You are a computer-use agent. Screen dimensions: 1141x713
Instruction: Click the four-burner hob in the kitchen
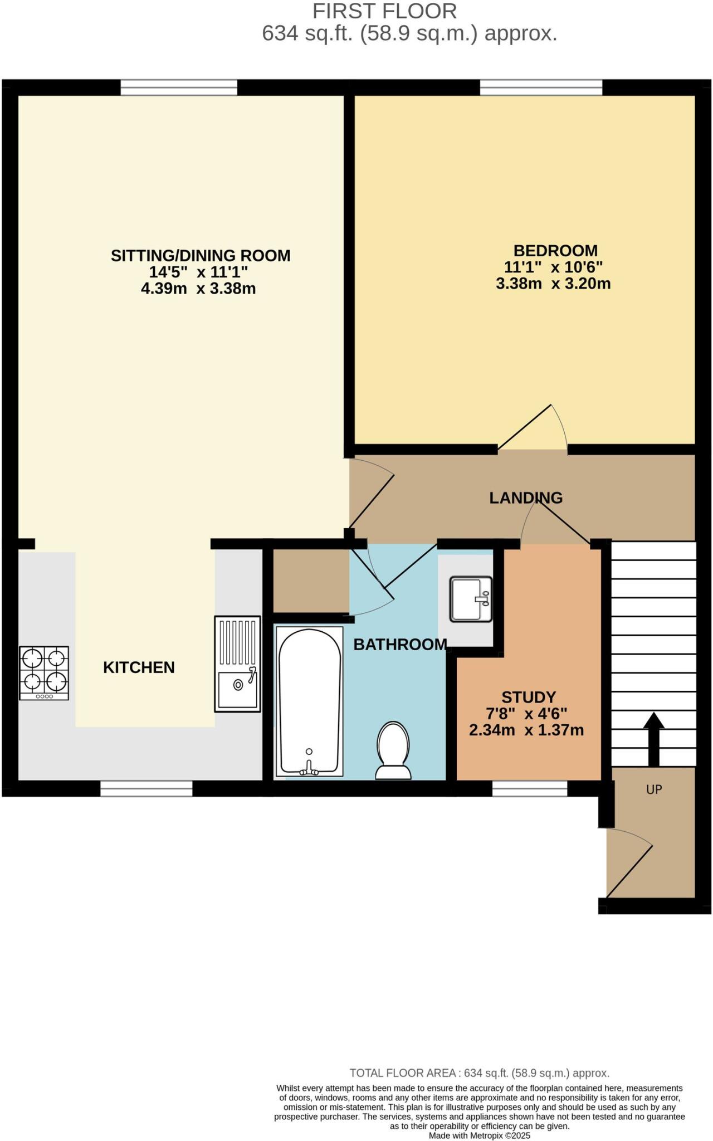coord(44,672)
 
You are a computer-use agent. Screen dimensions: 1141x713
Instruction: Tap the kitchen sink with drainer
coord(238,664)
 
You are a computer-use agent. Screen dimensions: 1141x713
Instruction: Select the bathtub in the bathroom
coord(309,701)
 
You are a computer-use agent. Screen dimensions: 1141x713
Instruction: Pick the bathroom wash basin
coord(471,599)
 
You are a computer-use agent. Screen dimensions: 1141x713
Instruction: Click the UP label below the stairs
coord(654,789)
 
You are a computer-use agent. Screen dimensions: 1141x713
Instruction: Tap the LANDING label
coord(526,498)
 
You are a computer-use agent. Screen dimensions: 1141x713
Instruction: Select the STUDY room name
coord(529,697)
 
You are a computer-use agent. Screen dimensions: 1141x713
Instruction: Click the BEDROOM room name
coord(555,251)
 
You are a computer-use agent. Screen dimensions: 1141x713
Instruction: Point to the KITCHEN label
coord(139,667)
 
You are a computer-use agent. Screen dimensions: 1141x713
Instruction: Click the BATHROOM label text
coord(400,645)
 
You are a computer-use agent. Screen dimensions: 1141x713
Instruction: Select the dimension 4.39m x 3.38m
coord(198,289)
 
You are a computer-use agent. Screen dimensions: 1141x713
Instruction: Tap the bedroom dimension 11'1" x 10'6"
coord(553,267)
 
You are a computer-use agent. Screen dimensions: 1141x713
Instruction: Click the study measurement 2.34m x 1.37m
coord(526,730)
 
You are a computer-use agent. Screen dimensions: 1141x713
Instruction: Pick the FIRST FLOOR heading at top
coord(384,11)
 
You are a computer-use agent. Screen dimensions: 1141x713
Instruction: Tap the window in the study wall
coord(529,788)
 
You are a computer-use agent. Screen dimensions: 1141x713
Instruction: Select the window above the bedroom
coord(541,87)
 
